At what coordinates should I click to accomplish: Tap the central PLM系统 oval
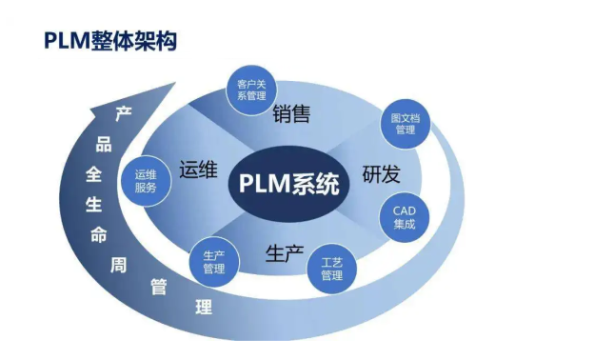[x=288, y=180]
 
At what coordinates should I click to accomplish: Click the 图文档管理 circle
[x=405, y=123]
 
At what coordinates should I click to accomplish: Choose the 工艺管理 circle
[x=331, y=268]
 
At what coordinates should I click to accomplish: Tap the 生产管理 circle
[x=213, y=261]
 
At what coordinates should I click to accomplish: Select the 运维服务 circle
[x=146, y=181]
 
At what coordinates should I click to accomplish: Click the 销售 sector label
[x=291, y=114]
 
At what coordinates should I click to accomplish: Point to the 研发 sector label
[x=381, y=175]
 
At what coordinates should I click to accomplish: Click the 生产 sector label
[x=284, y=254]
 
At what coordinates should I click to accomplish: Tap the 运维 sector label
[x=198, y=171]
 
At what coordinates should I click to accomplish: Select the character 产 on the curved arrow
[x=122, y=114]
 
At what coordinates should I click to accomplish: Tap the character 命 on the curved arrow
[x=98, y=235]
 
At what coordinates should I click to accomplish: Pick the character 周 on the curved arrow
[x=119, y=265]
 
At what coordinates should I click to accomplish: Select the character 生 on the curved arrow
[x=93, y=205]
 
